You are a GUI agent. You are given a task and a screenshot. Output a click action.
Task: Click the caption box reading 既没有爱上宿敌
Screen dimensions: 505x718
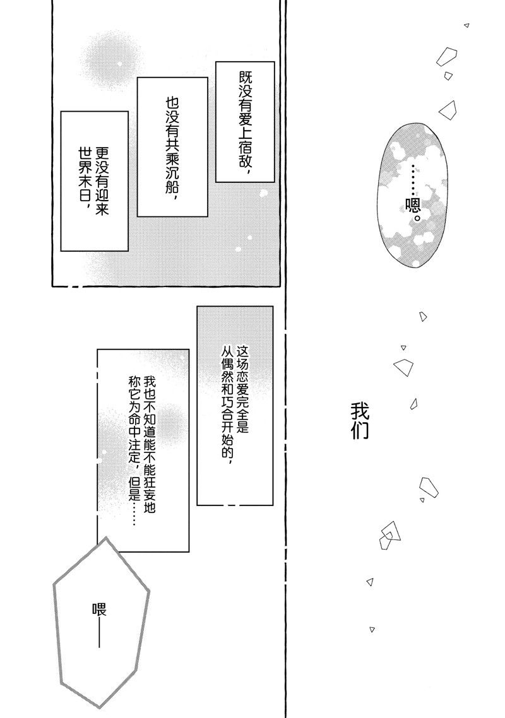[x=245, y=122]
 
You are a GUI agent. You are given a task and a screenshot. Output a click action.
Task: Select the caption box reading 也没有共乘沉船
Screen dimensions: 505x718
[x=172, y=146]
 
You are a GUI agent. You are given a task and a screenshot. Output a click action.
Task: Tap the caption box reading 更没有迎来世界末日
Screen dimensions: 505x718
[x=95, y=181]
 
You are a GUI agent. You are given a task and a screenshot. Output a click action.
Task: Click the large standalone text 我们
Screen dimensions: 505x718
[x=360, y=421]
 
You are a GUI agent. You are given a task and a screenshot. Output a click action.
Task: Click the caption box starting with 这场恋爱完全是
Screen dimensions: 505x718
[x=235, y=406]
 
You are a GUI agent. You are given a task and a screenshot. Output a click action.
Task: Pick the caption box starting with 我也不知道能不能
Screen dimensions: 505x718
[x=143, y=450]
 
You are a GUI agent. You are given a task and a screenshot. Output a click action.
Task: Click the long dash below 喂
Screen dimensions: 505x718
[x=100, y=635]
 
